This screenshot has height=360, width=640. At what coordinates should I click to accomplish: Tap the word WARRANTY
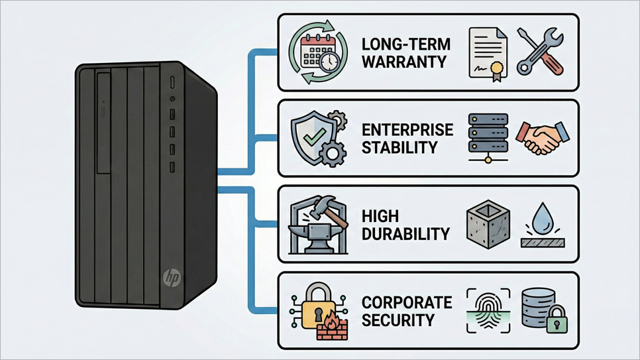[x=404, y=62]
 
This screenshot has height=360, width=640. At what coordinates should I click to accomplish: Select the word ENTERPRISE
[x=407, y=129]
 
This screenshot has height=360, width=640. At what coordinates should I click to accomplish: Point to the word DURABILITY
[x=406, y=233]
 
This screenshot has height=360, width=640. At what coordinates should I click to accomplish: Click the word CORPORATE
[x=407, y=303]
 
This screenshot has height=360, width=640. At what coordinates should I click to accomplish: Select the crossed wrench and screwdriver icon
[x=539, y=51]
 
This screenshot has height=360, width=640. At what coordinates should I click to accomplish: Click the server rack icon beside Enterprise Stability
[x=488, y=137]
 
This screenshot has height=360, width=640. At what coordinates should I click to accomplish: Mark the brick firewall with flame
[x=331, y=328]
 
